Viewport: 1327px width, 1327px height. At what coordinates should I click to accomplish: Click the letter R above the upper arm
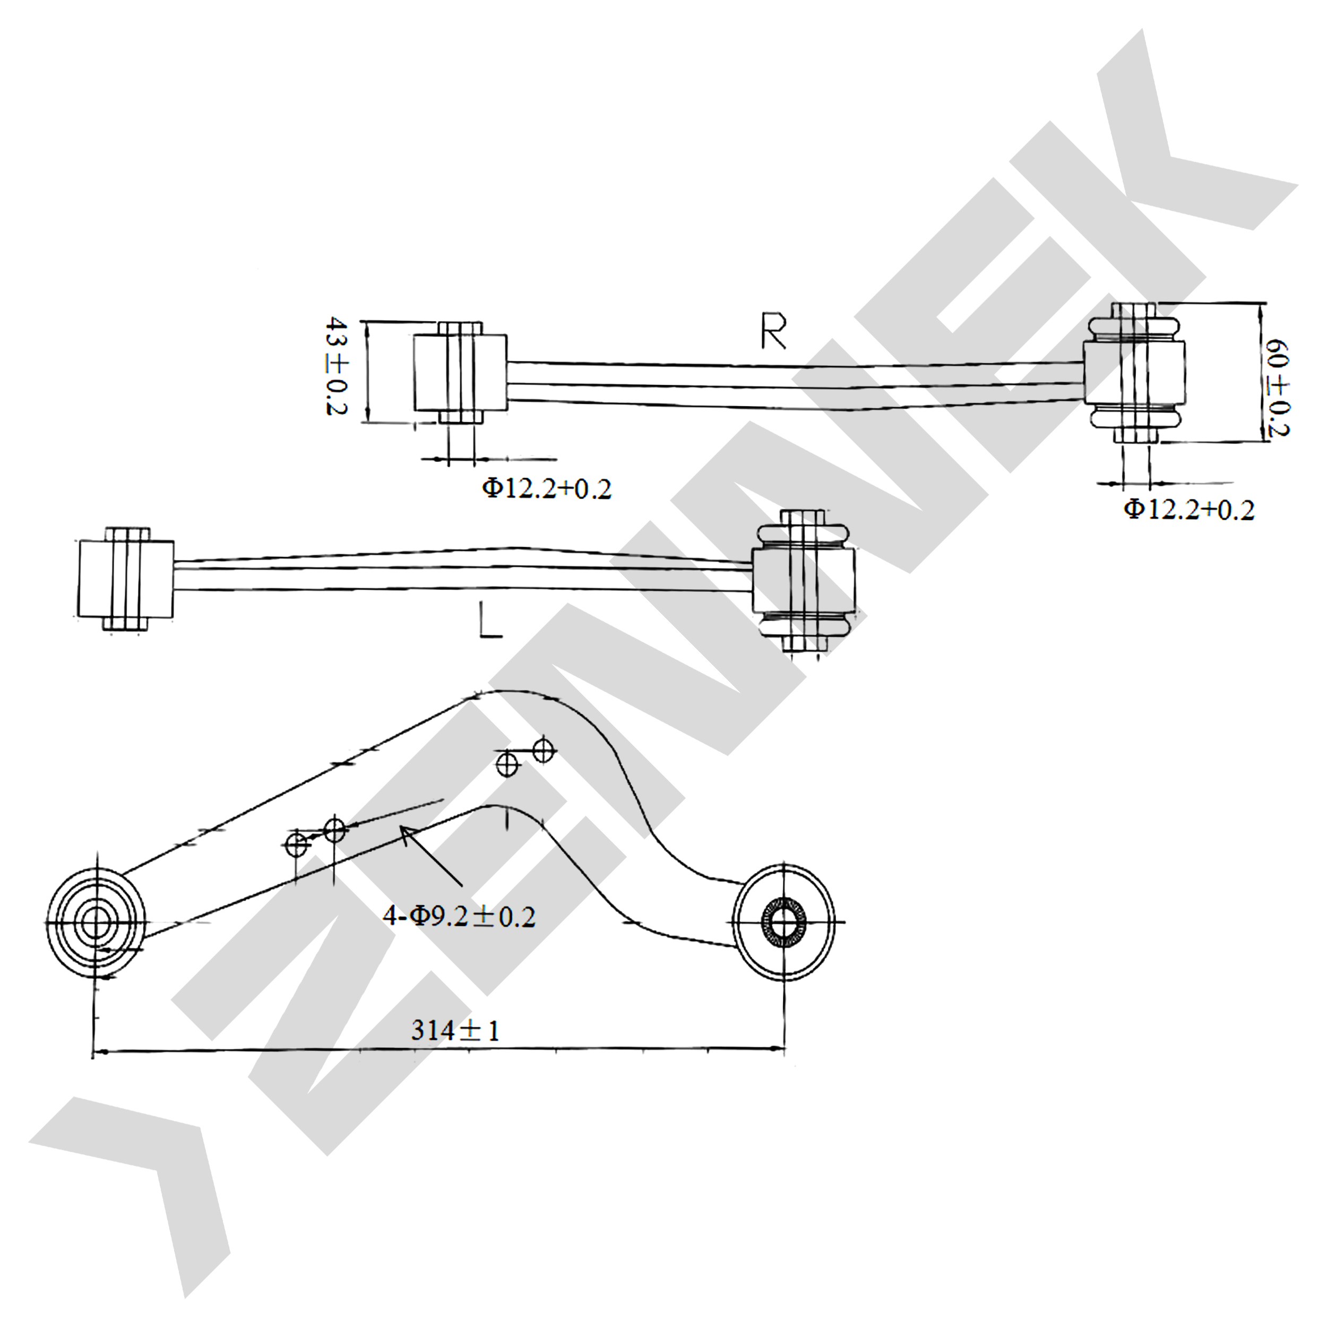[x=773, y=331]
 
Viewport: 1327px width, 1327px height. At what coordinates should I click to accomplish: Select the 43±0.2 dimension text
[x=337, y=366]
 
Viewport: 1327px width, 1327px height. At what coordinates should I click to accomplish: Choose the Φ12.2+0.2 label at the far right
[x=1189, y=510]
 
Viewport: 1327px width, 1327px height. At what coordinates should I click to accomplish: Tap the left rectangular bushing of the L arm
[x=126, y=579]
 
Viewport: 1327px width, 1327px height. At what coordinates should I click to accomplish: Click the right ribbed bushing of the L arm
[x=804, y=580]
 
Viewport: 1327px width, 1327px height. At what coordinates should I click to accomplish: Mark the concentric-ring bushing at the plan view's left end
[x=96, y=922]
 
